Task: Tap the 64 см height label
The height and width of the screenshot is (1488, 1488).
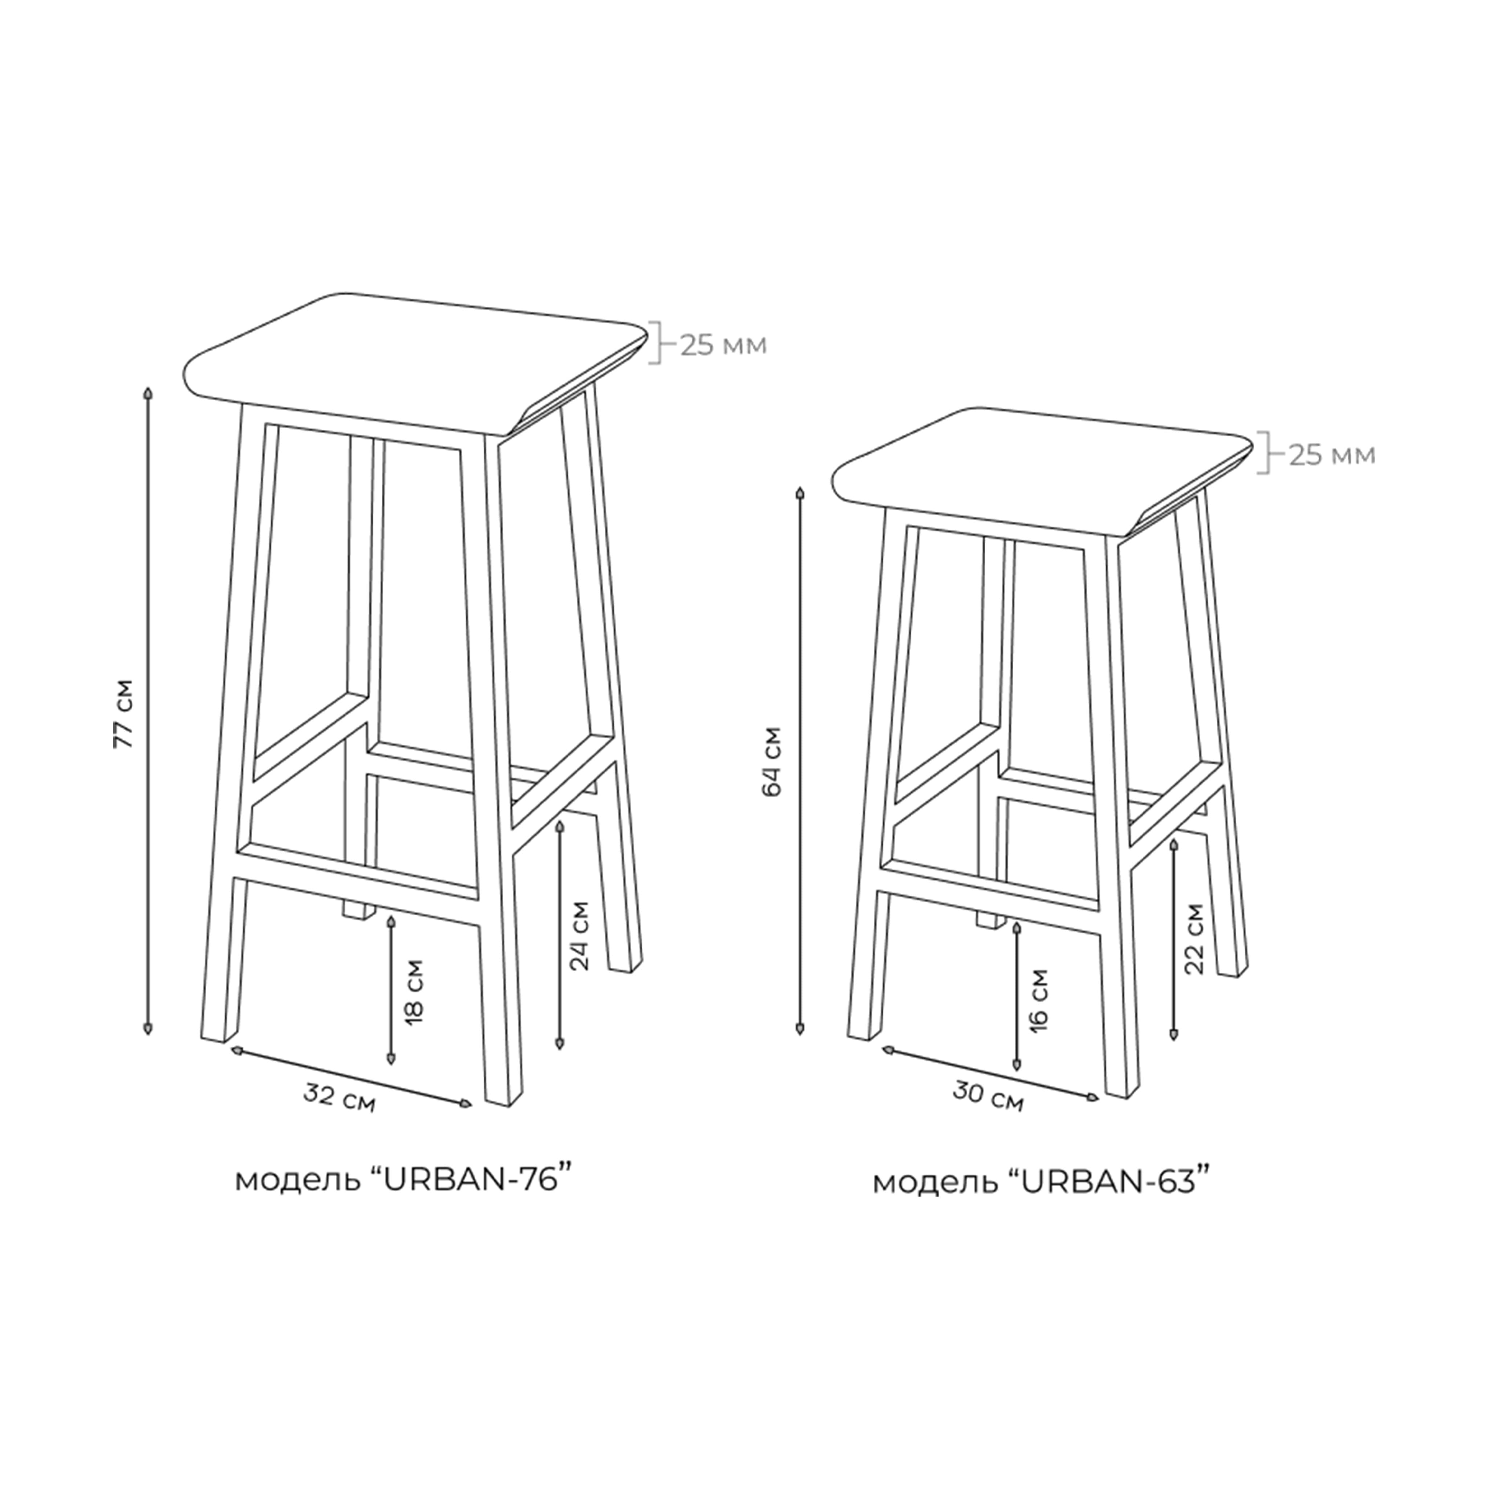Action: point(775,761)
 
